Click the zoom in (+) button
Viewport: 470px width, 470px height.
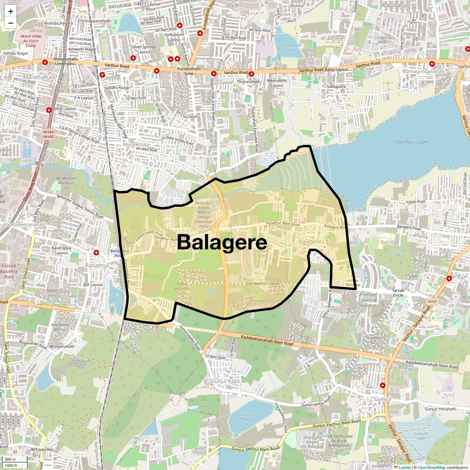[11, 11]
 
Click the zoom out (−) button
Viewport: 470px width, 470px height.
[11, 23]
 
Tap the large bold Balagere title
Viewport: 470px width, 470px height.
[222, 242]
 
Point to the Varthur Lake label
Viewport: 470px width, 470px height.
[412, 142]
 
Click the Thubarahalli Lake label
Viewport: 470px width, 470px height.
[290, 47]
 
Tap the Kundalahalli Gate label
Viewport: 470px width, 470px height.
[189, 71]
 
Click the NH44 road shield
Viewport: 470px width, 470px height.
[48, 132]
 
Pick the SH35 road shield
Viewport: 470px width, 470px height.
[432, 302]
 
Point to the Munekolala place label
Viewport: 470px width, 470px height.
[136, 144]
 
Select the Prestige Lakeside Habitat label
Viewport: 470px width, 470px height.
[368, 300]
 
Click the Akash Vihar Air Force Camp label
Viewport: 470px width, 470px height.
[31, 41]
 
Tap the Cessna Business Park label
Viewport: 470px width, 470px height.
[9, 271]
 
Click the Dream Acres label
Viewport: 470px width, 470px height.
[262, 253]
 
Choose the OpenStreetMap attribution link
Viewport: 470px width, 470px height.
[431, 467]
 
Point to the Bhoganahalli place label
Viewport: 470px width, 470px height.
[62, 346]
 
